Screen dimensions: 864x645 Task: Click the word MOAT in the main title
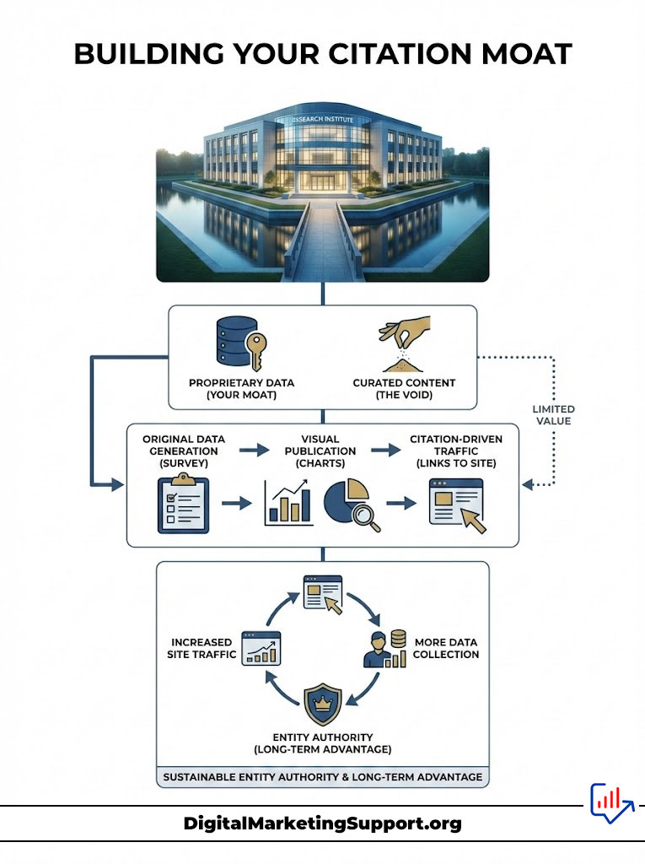tap(524, 53)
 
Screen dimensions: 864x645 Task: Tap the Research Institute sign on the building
tap(323, 120)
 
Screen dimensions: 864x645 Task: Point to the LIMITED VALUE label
tap(553, 414)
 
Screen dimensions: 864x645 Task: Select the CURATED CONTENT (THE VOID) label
tap(404, 388)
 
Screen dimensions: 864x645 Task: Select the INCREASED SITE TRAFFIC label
tap(202, 648)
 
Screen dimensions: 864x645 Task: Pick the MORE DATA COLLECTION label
tap(446, 648)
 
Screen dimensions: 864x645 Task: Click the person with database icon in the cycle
tap(384, 648)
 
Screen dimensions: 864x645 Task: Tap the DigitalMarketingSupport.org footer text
tap(322, 823)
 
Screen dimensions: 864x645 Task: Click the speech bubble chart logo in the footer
tap(610, 802)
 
